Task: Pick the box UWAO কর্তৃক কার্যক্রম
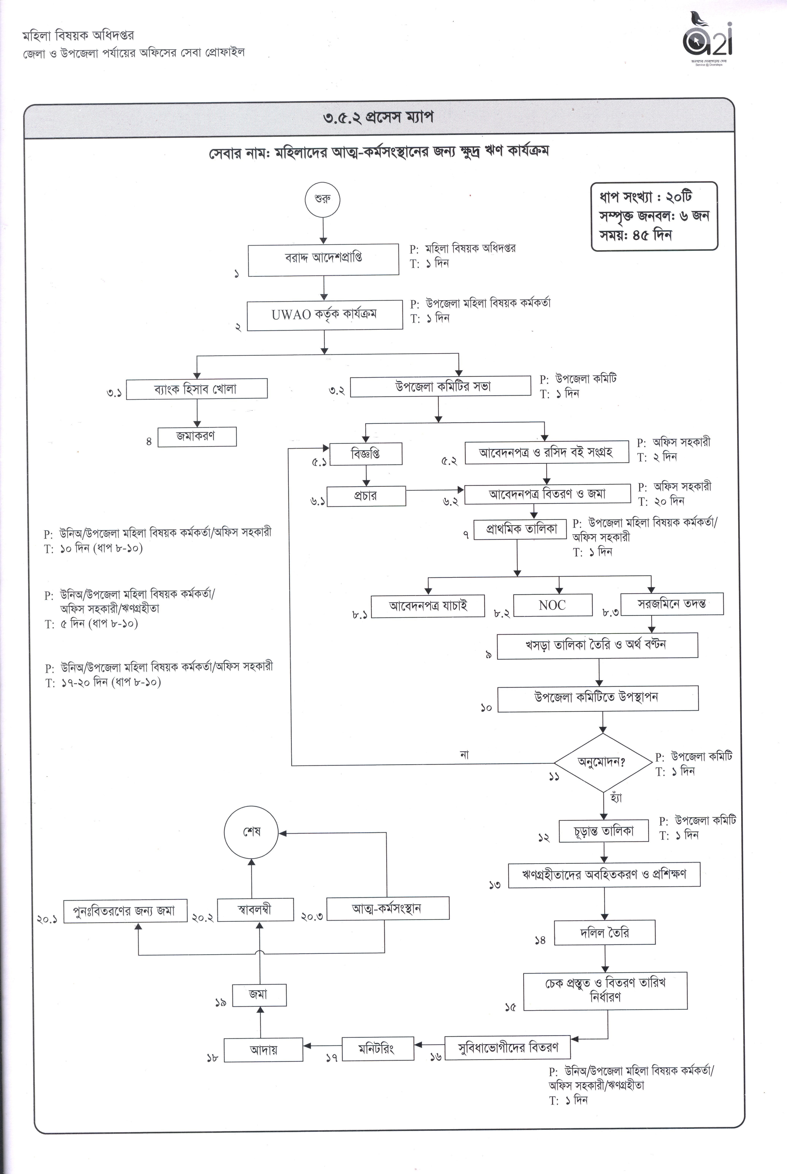coord(325,315)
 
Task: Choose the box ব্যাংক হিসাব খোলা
coord(197,389)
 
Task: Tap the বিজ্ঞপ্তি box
coord(365,454)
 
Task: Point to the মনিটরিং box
coord(378,1048)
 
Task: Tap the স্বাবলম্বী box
coord(255,909)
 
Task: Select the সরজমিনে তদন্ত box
coord(672,604)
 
